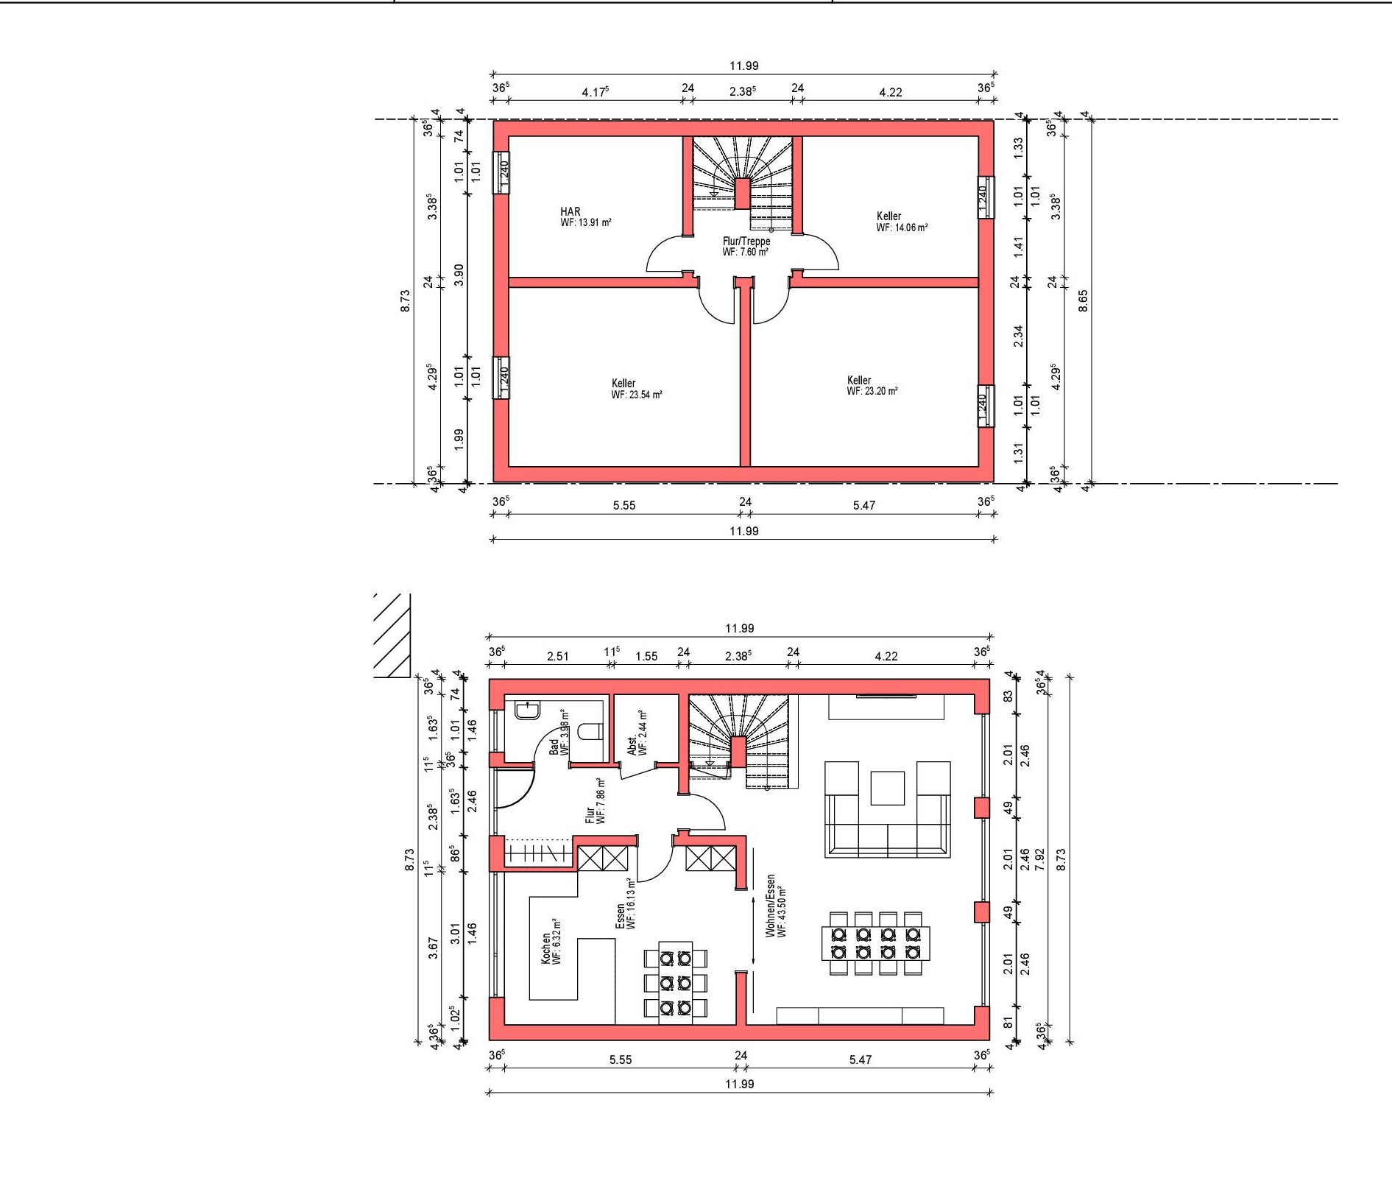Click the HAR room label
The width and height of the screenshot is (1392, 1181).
[x=570, y=212]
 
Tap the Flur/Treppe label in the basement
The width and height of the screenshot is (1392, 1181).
[x=746, y=242]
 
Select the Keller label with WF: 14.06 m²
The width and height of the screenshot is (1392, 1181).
[x=888, y=216]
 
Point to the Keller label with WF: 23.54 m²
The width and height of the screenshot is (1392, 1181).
[x=623, y=384]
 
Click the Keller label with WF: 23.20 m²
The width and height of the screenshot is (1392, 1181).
[x=859, y=381]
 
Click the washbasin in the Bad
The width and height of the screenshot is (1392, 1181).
[x=528, y=710]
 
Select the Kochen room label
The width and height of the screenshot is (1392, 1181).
[x=545, y=949]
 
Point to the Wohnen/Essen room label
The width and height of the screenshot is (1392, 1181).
[x=771, y=906]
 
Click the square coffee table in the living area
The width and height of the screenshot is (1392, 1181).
[x=887, y=788]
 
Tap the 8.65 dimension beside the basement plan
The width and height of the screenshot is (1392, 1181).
[x=1083, y=301]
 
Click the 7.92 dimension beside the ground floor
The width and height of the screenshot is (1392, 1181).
[x=1040, y=859]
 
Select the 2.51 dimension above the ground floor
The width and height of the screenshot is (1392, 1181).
[x=558, y=656]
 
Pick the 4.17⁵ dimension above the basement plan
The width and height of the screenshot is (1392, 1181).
[x=595, y=92]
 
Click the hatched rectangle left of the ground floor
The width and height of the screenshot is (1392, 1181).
[x=392, y=635]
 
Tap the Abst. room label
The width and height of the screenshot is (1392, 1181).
[x=632, y=745]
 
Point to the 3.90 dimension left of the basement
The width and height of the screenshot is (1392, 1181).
[x=459, y=275]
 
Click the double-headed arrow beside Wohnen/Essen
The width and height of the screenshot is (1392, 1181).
[x=754, y=929]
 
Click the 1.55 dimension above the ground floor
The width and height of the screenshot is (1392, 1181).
[x=646, y=656]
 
